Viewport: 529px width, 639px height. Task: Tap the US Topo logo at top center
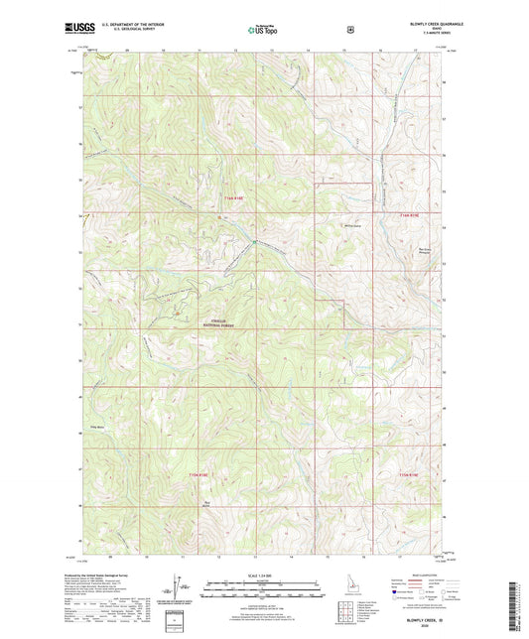[x=263, y=31]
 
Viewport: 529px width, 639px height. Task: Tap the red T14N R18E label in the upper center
[x=230, y=201]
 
